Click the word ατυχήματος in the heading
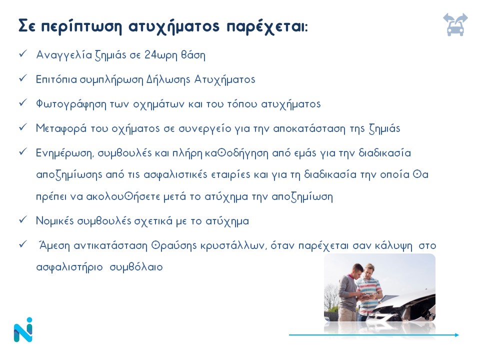[174, 26]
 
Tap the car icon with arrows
[455, 25]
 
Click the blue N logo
[23, 329]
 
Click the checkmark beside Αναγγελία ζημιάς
[23, 53]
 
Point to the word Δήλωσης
[168, 79]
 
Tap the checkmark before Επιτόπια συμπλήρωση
[23, 78]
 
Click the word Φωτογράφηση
[71, 104]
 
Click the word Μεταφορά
[61, 128]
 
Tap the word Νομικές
[55, 220]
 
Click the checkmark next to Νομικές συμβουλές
[23, 219]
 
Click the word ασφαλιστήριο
[69, 267]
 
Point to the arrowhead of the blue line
[457, 335]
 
